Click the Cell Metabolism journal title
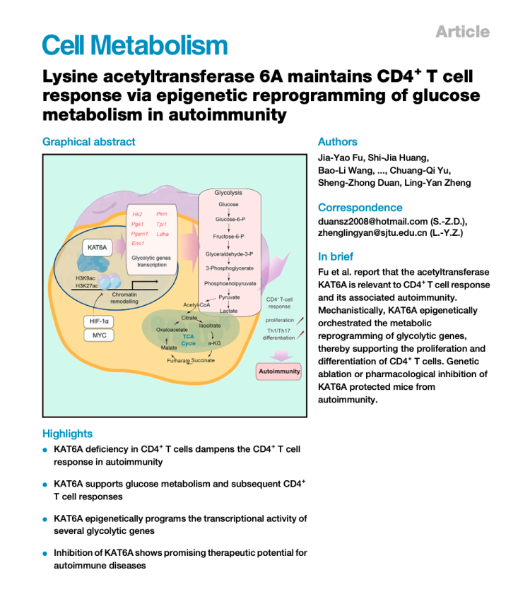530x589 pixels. (135, 45)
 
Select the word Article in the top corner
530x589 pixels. (462, 32)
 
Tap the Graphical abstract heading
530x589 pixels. (88, 141)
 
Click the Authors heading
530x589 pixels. (338, 141)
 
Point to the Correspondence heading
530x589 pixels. (360, 208)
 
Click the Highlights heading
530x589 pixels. (67, 433)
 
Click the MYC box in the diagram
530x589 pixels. (99, 335)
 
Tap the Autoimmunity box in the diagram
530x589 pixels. (278, 371)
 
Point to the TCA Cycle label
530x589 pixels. (189, 340)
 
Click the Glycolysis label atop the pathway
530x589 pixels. (228, 192)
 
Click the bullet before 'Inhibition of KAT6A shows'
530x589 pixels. (45, 554)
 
